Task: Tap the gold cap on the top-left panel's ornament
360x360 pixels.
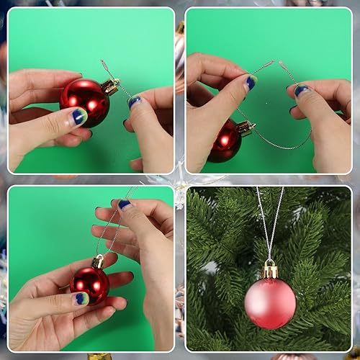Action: [x=110, y=87]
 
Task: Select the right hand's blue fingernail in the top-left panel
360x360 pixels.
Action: [x=135, y=102]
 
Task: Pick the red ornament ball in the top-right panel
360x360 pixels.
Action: [x=225, y=140]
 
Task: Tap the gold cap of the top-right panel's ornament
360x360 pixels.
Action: [x=246, y=128]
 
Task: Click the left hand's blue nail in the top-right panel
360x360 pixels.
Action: [x=250, y=83]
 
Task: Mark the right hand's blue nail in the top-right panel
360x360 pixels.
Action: [x=301, y=90]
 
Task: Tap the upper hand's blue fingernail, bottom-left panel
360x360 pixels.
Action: [x=125, y=204]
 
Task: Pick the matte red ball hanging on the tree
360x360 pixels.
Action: [x=270, y=302]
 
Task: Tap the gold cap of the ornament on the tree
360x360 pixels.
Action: [x=270, y=271]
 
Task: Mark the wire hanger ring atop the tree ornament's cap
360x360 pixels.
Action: [x=270, y=261]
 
